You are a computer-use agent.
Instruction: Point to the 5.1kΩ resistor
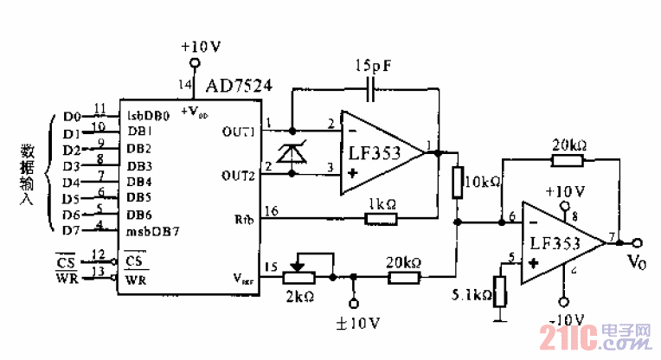point(499,292)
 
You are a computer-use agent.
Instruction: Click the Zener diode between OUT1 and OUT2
point(296,154)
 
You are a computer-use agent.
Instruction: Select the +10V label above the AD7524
point(202,46)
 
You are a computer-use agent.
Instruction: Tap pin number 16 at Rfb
point(272,210)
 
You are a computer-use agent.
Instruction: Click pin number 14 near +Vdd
point(182,84)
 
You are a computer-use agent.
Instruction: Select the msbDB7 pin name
point(153,230)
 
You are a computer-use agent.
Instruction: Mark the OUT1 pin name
point(239,132)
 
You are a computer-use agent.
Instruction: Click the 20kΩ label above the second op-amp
point(568,143)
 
